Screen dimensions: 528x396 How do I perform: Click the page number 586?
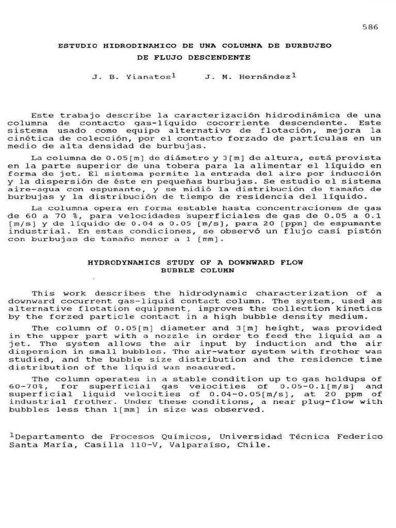[x=370, y=27]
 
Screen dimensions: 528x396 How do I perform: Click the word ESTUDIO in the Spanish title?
[x=77, y=46]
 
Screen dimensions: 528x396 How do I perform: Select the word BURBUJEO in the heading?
[x=308, y=46]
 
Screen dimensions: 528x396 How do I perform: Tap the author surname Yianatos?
[x=148, y=77]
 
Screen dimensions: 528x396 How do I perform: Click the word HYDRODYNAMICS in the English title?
[x=117, y=262]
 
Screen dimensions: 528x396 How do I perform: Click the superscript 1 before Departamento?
[x=11, y=435]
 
